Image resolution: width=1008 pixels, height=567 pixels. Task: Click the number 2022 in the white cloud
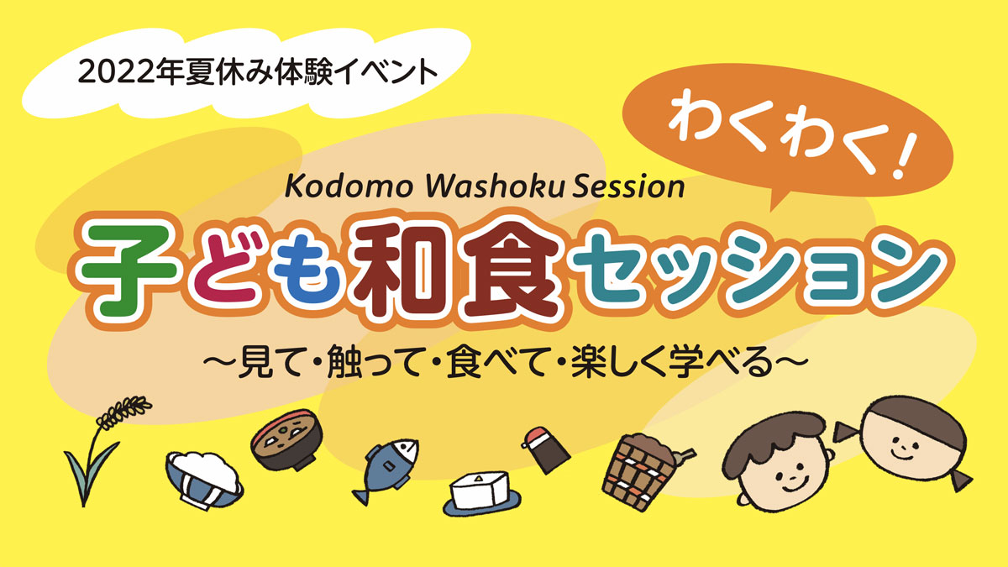point(117,72)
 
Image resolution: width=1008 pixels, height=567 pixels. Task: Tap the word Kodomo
point(349,186)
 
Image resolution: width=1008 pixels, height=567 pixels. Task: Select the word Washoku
point(494,186)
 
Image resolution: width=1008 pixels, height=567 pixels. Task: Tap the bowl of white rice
point(204,480)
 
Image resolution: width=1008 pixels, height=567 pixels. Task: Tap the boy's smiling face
point(785,477)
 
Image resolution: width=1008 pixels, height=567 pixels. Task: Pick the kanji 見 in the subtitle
point(251,361)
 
